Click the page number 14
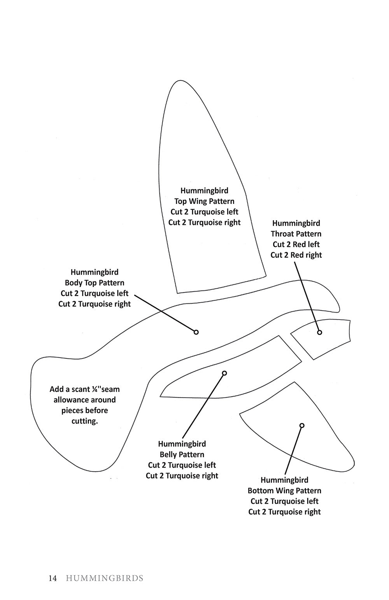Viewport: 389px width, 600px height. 53,578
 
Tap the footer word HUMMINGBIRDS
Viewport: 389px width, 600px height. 105,578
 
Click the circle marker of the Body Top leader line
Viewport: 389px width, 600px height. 196,332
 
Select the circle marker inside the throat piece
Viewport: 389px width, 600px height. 319,332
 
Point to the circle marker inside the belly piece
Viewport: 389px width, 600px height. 224,373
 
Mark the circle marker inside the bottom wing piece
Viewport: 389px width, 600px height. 302,426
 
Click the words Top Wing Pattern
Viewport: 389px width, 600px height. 204,201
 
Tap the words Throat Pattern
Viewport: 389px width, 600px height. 296,234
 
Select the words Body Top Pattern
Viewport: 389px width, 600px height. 95,283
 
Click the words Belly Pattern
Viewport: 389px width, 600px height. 182,454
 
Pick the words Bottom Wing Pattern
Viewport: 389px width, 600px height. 284,490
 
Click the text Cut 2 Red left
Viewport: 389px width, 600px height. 296,244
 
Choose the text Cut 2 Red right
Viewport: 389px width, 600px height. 296,255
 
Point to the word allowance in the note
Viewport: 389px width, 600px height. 84,400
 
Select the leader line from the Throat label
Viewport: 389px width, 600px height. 307,295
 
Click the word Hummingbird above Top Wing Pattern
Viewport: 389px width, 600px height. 204,191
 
